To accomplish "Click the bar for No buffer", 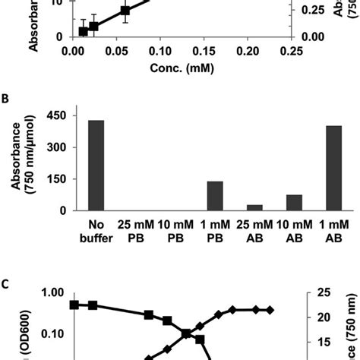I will tap(96, 166).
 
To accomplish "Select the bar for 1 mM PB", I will tap(215, 196).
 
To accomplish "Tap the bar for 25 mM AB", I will tap(254, 207).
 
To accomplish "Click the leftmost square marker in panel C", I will tap(74, 305).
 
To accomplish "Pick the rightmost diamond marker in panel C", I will tap(270, 310).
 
